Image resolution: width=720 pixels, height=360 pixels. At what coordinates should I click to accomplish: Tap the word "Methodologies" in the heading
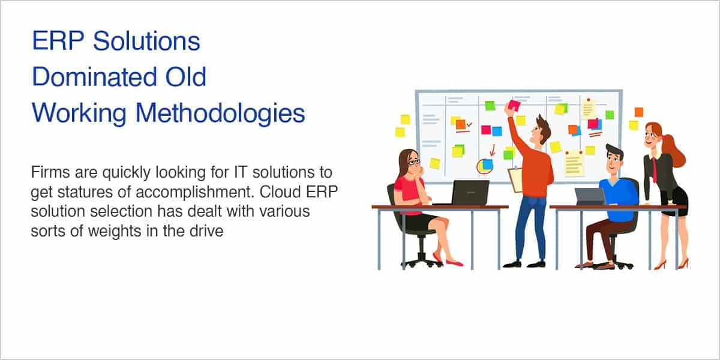click(x=220, y=114)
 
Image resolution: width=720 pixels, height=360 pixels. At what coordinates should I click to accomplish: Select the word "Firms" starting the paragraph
click(x=50, y=172)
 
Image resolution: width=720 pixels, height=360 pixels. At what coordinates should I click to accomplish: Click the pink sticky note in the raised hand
click(x=514, y=106)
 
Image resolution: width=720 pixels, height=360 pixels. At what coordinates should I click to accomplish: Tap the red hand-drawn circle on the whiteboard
click(x=478, y=167)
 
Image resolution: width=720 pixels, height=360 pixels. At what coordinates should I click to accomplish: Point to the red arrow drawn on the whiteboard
click(x=493, y=150)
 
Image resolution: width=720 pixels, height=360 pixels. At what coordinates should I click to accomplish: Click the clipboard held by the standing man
click(x=515, y=180)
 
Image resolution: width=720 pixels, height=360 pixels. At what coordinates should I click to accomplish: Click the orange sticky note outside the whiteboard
click(x=638, y=112)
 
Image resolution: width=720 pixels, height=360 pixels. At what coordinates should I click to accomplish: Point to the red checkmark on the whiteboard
click(x=469, y=124)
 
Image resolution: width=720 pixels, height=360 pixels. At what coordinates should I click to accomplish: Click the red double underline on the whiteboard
click(x=595, y=134)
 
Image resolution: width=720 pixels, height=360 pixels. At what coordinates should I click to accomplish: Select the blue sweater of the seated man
click(x=618, y=200)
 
